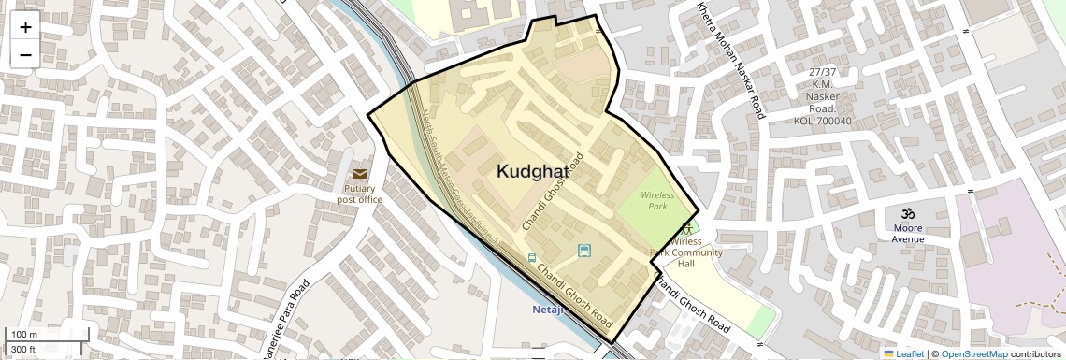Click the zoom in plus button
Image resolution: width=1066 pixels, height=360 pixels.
click(25, 26)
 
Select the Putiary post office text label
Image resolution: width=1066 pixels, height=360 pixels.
click(360, 194)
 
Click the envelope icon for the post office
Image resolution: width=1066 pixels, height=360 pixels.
click(360, 174)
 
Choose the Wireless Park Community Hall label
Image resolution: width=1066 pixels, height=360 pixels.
click(687, 252)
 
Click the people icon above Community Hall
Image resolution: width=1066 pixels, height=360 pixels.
click(688, 227)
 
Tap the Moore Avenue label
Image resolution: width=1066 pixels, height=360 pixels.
click(907, 233)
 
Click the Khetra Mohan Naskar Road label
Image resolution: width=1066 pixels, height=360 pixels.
click(730, 60)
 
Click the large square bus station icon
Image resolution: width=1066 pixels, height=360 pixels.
click(584, 250)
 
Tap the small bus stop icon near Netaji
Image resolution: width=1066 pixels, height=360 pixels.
click(532, 258)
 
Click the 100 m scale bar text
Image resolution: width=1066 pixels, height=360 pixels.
click(23, 335)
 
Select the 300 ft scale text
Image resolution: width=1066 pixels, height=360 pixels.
click(23, 349)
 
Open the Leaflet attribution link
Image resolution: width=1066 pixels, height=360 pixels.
click(903, 353)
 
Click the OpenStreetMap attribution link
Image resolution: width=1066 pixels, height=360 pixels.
click(973, 353)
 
